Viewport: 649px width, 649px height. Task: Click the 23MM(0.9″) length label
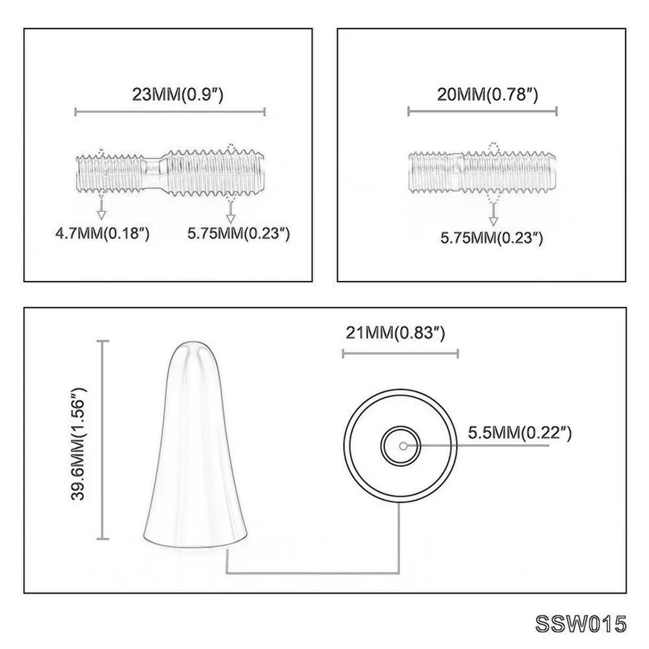pos(178,94)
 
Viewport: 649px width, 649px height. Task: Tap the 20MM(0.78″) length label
pos(488,94)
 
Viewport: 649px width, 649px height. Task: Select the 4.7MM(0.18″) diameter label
pos(102,233)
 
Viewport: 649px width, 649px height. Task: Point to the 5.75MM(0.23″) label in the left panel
pos(238,233)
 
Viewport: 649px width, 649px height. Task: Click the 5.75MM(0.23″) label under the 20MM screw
pos(491,238)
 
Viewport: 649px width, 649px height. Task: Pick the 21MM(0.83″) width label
pos(395,333)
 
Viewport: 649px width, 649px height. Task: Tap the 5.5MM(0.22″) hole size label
pos(519,433)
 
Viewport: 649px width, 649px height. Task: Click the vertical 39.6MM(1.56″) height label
pos(78,444)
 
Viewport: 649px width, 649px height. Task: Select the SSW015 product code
pos(581,624)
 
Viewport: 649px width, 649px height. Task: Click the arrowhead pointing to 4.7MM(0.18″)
pos(101,214)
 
